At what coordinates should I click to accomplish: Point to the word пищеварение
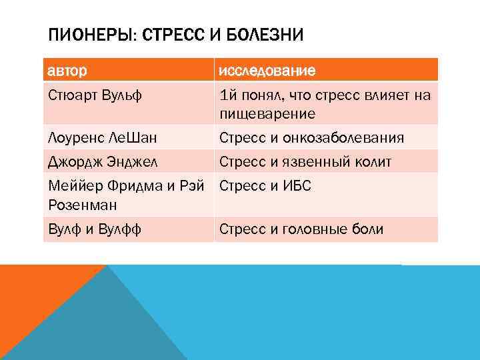267,114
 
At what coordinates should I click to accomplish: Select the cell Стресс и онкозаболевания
311,138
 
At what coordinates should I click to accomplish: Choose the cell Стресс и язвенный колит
306,161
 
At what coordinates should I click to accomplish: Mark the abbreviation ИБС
297,185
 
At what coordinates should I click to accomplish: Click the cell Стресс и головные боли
301,230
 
